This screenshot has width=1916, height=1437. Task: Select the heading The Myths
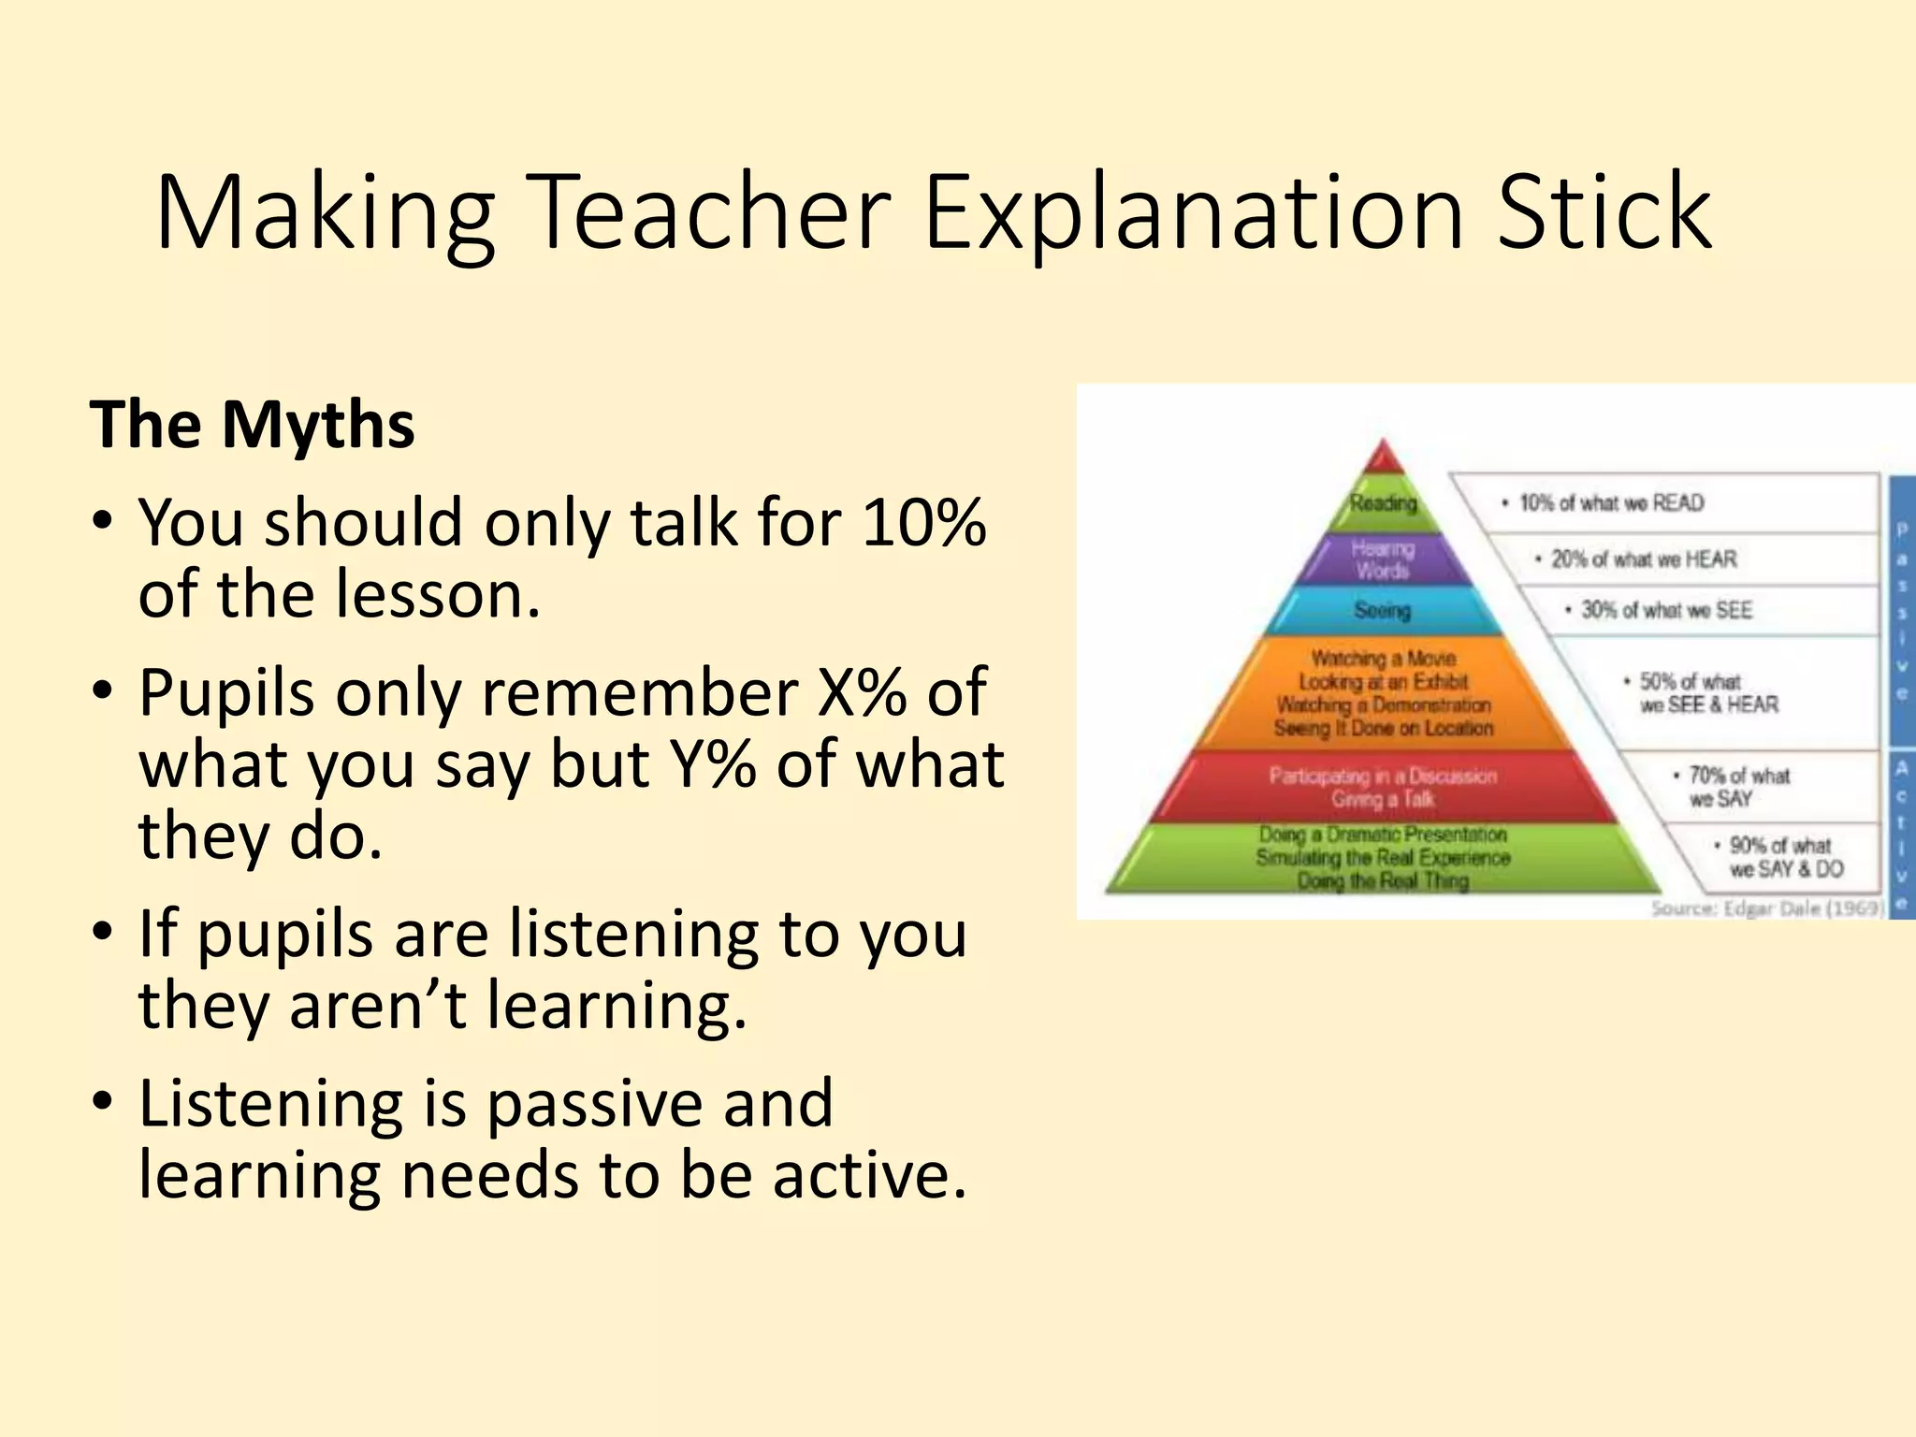(252, 425)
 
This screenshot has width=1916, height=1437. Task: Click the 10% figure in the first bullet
(923, 521)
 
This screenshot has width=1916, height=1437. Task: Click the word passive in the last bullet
(595, 1103)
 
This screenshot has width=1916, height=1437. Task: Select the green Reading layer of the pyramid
(1383, 503)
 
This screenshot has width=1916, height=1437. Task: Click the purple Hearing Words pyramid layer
(1383, 559)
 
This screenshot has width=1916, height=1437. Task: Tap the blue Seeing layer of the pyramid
(1383, 610)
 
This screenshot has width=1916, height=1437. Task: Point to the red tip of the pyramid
(1383, 459)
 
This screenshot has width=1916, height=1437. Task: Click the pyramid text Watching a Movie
(1383, 659)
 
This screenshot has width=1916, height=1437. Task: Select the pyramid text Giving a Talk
(1383, 799)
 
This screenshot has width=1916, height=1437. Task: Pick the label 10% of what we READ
(1611, 503)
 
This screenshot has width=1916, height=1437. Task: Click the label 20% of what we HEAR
(1644, 559)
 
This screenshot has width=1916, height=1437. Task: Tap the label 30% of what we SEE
(1666, 610)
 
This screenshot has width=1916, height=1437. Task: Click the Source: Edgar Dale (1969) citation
(1766, 908)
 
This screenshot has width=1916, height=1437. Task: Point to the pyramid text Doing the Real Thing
(1383, 880)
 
